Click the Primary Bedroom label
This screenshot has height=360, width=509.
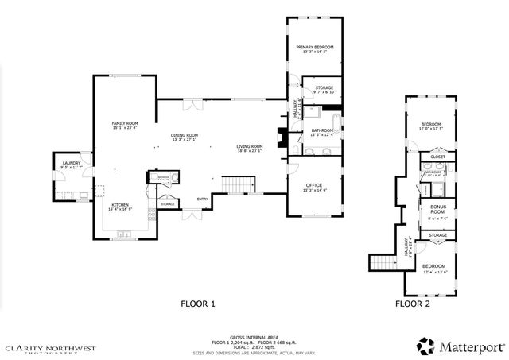(315, 47)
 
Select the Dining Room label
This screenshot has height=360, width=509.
(184, 135)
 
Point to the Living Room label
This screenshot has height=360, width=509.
(249, 146)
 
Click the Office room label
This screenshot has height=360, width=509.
(314, 185)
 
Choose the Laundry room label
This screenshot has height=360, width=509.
(71, 163)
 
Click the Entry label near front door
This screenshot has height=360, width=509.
(203, 199)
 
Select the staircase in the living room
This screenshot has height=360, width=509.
(235, 186)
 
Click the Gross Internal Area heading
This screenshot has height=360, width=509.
(254, 336)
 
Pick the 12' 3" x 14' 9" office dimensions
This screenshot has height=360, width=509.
(314, 191)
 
